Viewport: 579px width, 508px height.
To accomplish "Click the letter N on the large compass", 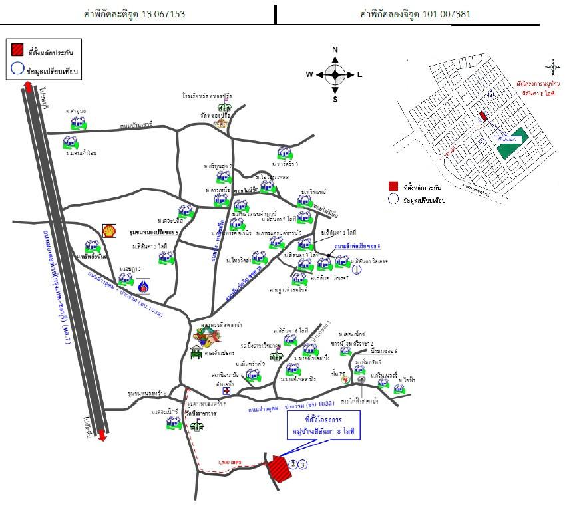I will [x=335, y=50].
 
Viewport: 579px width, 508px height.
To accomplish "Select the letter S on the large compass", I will [x=335, y=100].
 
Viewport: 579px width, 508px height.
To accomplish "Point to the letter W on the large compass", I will [x=309, y=74].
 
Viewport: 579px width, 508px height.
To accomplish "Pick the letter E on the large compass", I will [x=360, y=74].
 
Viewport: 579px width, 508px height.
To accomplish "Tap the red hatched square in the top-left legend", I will [x=17, y=50].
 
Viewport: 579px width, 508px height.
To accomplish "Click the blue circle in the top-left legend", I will [x=17, y=68].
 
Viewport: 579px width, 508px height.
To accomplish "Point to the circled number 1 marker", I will [x=357, y=270].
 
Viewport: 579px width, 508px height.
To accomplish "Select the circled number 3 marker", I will [x=303, y=465].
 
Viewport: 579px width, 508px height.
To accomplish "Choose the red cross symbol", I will [x=226, y=391].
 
